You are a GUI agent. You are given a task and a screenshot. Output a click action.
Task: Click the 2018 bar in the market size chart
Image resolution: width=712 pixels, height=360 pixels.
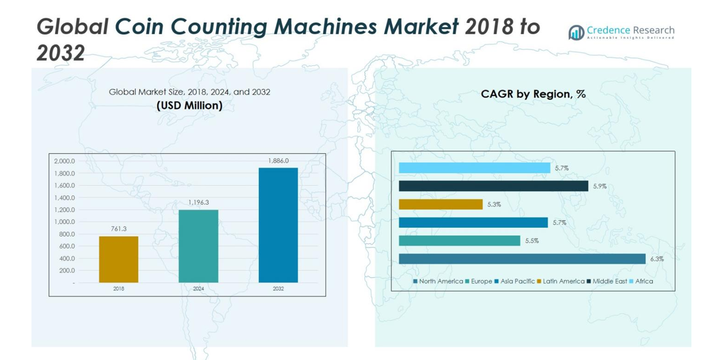coord(119,259)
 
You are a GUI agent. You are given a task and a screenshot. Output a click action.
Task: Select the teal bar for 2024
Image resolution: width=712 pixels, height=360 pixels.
coord(198,246)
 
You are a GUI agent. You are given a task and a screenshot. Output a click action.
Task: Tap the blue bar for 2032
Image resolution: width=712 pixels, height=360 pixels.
coord(278,225)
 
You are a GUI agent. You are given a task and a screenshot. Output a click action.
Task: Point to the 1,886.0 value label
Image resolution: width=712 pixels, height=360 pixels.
coord(278,161)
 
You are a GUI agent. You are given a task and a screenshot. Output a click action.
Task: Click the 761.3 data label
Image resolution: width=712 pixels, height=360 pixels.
coord(119,229)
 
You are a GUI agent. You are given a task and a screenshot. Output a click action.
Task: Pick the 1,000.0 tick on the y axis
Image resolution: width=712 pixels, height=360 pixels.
coord(65,222)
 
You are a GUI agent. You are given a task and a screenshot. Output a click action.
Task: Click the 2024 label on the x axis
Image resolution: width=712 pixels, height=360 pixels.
coord(198,289)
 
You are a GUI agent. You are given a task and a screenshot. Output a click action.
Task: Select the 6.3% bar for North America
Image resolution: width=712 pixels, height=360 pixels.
coord(522,259)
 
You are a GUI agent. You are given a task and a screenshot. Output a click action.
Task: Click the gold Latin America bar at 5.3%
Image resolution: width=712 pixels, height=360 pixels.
coord(440,205)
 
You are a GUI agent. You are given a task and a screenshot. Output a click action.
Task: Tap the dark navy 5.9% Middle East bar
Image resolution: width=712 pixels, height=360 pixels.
coord(494,186)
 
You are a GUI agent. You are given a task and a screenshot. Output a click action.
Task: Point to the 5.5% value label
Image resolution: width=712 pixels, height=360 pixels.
coord(532,241)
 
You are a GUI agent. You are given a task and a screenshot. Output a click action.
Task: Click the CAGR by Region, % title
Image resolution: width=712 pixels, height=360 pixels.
coord(533,94)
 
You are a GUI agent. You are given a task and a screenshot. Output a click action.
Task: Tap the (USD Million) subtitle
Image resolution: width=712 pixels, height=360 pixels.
coord(189,106)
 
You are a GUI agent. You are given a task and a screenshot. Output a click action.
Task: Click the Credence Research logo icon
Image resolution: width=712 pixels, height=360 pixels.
coord(576,33)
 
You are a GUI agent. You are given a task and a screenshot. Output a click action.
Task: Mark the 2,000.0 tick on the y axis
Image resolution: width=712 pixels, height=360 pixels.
coord(65,162)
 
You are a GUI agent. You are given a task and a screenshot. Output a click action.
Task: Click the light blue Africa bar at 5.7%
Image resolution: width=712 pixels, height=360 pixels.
coord(474,168)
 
